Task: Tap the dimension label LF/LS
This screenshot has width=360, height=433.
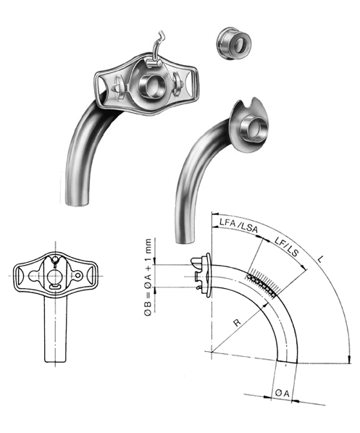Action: click(x=287, y=247)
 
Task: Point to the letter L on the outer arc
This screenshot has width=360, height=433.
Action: click(x=320, y=259)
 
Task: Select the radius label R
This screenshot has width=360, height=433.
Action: click(x=237, y=322)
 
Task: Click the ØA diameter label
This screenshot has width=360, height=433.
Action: click(x=282, y=392)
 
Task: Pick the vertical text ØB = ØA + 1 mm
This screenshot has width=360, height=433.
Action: click(x=148, y=277)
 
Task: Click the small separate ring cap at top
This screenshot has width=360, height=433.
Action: click(x=233, y=43)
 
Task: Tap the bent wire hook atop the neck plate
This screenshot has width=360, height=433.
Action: click(x=156, y=50)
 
